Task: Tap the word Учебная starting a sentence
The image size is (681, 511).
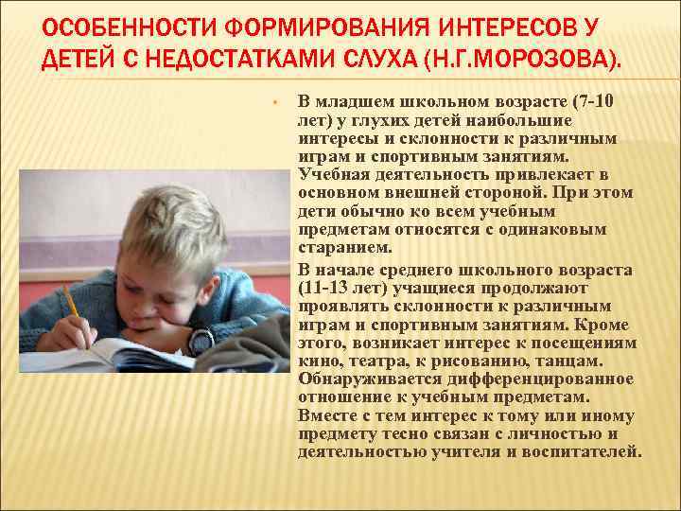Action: pyautogui.click(x=331, y=175)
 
